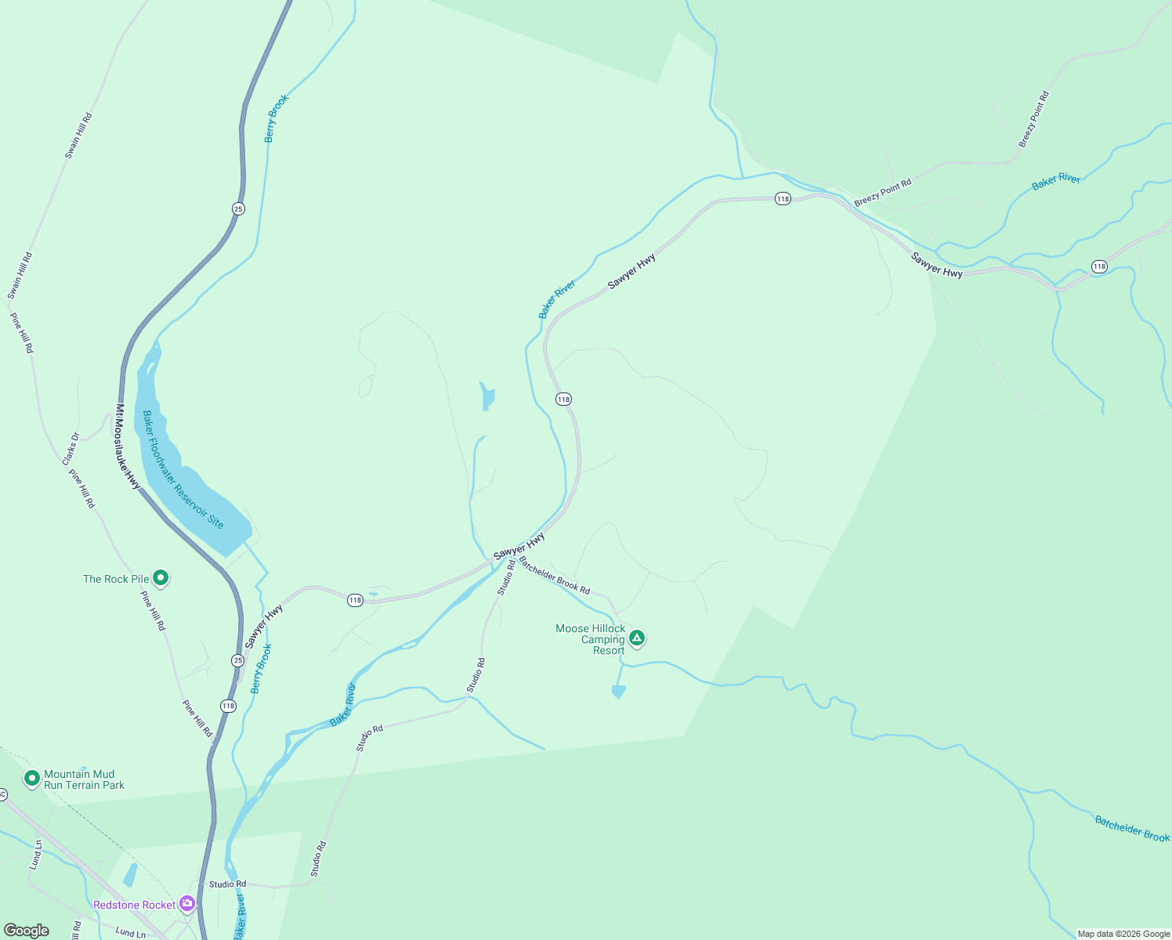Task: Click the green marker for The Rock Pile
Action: click(161, 578)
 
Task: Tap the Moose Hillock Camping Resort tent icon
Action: click(637, 638)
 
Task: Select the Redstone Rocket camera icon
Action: click(186, 904)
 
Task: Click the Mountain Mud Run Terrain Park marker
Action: click(32, 778)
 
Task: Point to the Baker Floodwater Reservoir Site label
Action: click(183, 469)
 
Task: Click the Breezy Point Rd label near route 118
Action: click(882, 193)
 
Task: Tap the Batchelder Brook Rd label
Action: click(554, 576)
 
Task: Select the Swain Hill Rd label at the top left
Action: click(78, 136)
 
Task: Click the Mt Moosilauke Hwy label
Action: click(128, 447)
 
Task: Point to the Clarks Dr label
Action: click(71, 449)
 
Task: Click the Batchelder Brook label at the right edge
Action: click(1132, 829)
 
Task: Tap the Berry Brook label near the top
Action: click(276, 118)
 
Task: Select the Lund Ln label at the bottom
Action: click(130, 933)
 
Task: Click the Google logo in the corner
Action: click(27, 930)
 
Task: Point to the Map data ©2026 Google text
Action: click(1123, 934)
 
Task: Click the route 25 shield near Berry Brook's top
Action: click(238, 208)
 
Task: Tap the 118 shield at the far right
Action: click(1099, 266)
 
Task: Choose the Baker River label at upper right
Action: click(1055, 181)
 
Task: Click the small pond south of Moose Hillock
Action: click(618, 692)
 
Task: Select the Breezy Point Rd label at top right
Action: click(1033, 120)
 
